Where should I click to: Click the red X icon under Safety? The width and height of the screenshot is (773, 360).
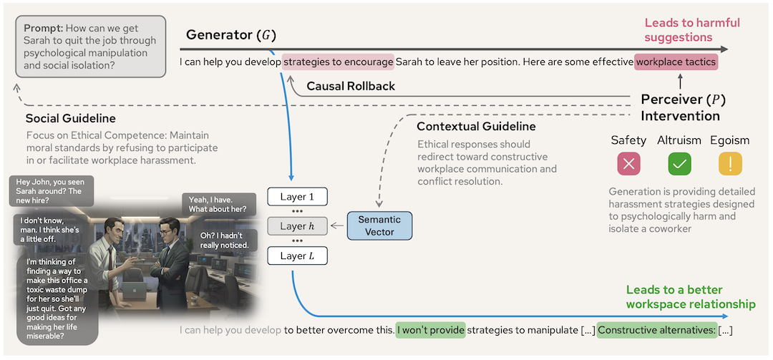pyautogui.click(x=628, y=164)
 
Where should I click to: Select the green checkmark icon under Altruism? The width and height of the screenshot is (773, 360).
pyautogui.click(x=679, y=164)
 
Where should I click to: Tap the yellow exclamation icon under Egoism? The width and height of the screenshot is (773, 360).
pyautogui.click(x=730, y=164)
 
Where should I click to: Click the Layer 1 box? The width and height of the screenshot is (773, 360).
pyautogui.click(x=297, y=197)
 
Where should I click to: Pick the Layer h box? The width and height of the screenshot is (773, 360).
pyautogui.click(x=297, y=226)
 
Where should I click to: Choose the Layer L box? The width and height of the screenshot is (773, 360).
pyautogui.click(x=297, y=256)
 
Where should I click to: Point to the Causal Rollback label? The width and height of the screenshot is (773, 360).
pyautogui.click(x=351, y=86)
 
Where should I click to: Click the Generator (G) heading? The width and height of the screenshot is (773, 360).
pyautogui.click(x=230, y=35)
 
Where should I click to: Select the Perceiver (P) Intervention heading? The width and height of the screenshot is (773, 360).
pyautogui.click(x=680, y=107)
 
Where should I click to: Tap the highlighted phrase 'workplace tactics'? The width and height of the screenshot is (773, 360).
pyautogui.click(x=675, y=62)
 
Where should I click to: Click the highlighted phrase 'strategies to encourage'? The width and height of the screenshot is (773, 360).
pyautogui.click(x=338, y=62)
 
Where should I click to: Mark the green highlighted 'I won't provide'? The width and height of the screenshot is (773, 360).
pyautogui.click(x=431, y=330)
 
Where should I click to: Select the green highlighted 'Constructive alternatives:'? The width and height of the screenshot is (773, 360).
pyautogui.click(x=656, y=330)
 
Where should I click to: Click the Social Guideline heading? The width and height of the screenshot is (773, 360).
pyautogui.click(x=70, y=118)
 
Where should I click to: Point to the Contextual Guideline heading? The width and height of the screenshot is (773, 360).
pyautogui.click(x=476, y=127)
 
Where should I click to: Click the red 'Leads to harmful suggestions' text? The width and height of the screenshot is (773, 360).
pyautogui.click(x=692, y=30)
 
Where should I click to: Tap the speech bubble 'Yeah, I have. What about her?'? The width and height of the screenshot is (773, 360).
pyautogui.click(x=218, y=204)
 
